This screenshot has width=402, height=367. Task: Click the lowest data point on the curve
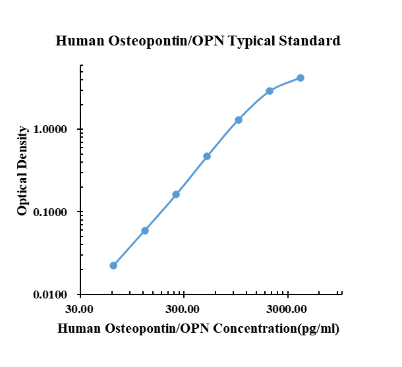113,266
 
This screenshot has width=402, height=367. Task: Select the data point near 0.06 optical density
145,231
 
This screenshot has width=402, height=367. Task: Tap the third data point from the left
176,194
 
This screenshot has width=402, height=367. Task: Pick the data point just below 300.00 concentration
176,194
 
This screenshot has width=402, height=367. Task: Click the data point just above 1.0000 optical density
239,120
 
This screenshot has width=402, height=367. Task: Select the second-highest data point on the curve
270,91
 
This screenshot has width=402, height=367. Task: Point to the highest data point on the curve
301,78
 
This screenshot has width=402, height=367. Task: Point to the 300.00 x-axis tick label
183,308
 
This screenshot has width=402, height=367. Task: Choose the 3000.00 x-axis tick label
287,308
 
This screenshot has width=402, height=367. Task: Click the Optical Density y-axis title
23,171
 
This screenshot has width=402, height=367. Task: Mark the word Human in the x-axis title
76,328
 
